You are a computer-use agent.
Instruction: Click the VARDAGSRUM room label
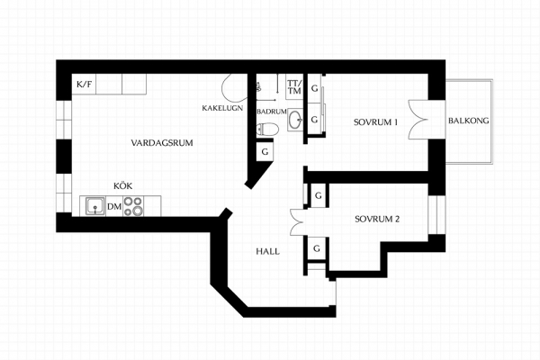pyautogui.click(x=162, y=142)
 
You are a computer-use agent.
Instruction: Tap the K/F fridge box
pyautogui.click(x=84, y=84)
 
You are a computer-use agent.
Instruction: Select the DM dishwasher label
pyautogui.click(x=114, y=207)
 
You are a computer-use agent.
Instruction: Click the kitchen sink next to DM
pyautogui.click(x=93, y=206)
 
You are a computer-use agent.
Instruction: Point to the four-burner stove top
pyautogui.click(x=133, y=206)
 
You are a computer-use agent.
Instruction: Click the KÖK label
pyautogui.click(x=123, y=186)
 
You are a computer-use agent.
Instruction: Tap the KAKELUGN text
pyautogui.click(x=222, y=108)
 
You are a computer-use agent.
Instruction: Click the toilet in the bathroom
pyautogui.click(x=267, y=130)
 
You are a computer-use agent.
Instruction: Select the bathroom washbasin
pyautogui.click(x=295, y=120)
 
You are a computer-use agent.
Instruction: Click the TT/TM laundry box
pyautogui.click(x=294, y=86)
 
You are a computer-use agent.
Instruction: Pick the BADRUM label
pyautogui.click(x=272, y=112)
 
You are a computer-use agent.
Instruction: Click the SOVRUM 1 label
pyautogui.click(x=375, y=122)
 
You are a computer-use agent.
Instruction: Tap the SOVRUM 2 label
pyautogui.click(x=377, y=219)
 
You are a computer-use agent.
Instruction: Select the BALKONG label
pyautogui.click(x=468, y=121)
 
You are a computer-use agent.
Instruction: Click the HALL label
pyautogui.click(x=267, y=251)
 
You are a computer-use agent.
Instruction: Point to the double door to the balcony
pyautogui.click(x=418, y=120)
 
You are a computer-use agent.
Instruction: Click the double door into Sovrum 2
pyautogui.click(x=297, y=222)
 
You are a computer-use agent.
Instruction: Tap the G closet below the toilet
pyautogui.click(x=265, y=151)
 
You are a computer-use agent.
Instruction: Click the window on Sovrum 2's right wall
pyautogui.click(x=436, y=214)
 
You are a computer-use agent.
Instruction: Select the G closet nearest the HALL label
pyautogui.click(x=317, y=248)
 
